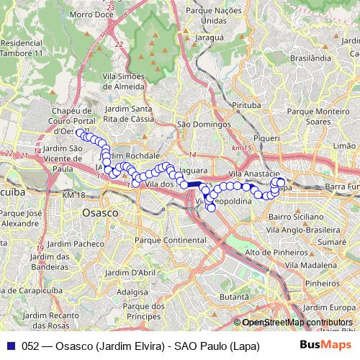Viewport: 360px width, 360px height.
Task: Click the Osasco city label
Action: point(100,214)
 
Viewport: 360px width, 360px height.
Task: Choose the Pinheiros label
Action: point(321,284)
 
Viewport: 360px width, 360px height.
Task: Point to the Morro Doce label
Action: point(94,14)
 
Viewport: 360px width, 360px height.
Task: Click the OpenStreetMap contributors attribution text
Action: point(297,323)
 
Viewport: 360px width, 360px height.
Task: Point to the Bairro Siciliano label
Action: point(295,216)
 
